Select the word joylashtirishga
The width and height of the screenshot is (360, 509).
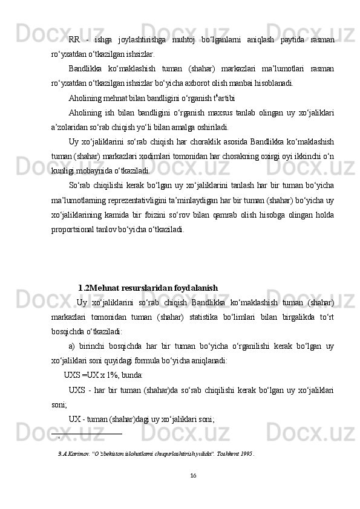pos(141,39)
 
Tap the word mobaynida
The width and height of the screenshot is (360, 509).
pos(91,170)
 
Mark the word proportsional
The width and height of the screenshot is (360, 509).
pos(77,229)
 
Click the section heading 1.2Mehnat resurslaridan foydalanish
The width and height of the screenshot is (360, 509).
pos(148,288)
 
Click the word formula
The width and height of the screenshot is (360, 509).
pos(159,360)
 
